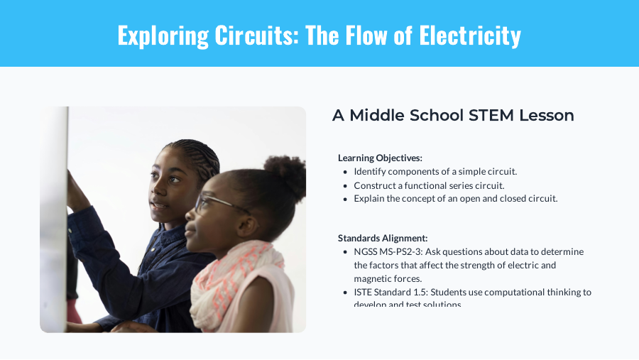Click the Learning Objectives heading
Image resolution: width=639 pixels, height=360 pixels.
pos(380,158)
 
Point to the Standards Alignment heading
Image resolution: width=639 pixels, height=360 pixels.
pos(383,238)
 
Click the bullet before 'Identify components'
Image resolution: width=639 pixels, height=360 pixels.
pos(346,172)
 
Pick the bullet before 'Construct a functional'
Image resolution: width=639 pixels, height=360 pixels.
pos(346,185)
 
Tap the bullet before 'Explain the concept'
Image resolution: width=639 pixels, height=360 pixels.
pos(346,199)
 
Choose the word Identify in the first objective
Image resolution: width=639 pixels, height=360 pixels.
pos(371,172)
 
